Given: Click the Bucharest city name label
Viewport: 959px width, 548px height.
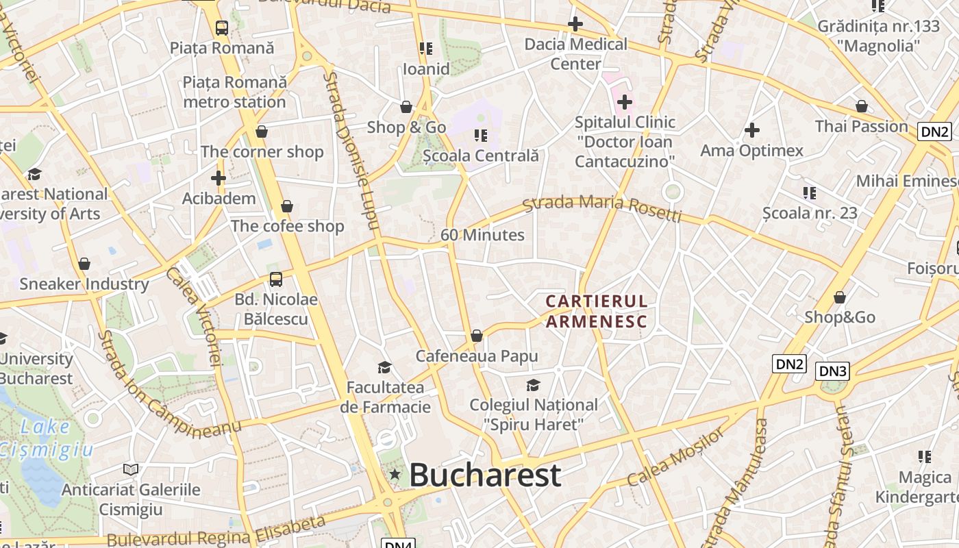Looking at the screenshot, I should pos(485,475).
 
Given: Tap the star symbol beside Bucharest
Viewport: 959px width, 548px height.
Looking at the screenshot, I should pos(395,474).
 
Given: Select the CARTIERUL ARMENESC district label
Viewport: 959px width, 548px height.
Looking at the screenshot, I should pos(596,311).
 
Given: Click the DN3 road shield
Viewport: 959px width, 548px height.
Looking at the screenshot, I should pos(833,371).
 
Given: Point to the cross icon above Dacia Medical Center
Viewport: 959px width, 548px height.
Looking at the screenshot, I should pos(575,25).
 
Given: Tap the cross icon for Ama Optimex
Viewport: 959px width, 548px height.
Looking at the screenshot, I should pos(752,130).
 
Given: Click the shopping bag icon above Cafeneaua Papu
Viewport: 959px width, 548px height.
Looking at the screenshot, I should pos(477,336).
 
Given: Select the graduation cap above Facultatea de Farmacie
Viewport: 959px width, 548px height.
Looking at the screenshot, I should pos(384,367).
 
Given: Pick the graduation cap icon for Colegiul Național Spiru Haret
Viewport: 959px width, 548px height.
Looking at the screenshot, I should pos(533,385).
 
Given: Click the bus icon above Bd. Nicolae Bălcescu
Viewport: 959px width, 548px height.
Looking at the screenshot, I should pos(276,279).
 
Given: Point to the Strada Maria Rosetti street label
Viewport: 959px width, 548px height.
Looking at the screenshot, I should pos(602,209).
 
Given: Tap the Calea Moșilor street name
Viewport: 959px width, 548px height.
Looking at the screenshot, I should pos(675,458).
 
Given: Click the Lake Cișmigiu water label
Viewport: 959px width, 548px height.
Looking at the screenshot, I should pos(45,438).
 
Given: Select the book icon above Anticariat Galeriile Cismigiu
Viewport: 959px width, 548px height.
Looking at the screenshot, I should pos(131,469).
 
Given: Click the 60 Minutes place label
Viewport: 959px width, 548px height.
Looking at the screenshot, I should pos(482,235).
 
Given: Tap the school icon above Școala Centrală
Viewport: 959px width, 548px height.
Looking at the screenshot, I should pos(480,136).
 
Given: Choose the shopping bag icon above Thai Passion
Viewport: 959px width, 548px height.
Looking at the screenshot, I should pos(862,106).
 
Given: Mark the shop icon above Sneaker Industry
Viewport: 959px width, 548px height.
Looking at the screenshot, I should pos(84,264).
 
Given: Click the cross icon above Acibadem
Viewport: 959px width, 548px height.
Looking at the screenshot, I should pos(219,178).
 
